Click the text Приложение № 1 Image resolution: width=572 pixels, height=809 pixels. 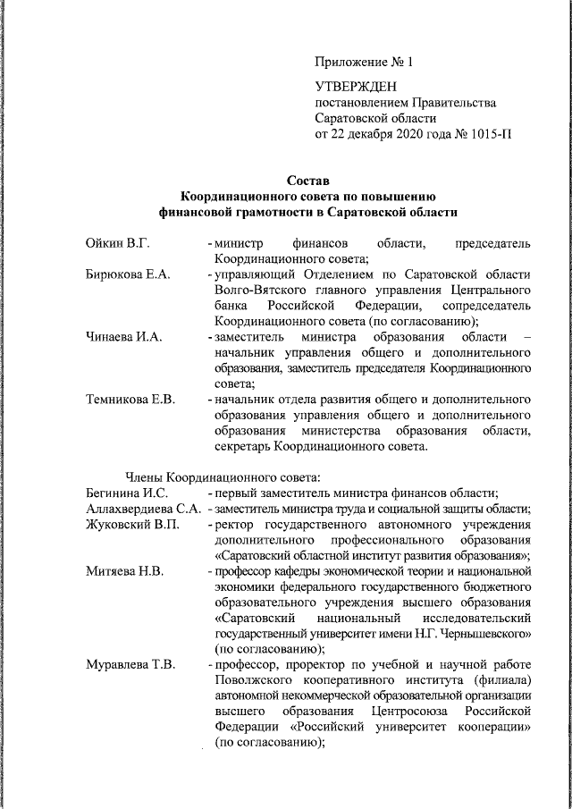click(365, 62)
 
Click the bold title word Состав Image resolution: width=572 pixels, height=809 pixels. click(307, 181)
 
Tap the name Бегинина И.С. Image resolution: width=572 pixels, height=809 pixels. click(127, 493)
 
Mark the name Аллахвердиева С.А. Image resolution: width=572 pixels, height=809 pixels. click(142, 509)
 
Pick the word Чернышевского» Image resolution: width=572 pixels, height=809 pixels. click(487, 634)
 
